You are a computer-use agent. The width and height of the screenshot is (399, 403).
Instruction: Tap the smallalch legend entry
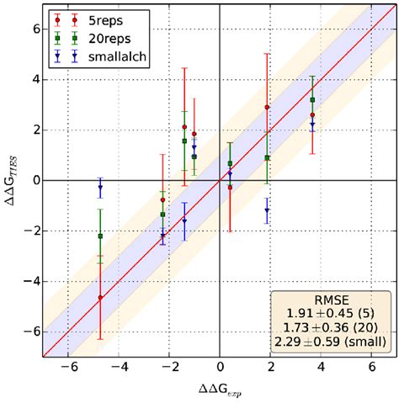(x=120, y=57)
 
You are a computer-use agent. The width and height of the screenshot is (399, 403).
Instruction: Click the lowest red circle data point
(x=100, y=297)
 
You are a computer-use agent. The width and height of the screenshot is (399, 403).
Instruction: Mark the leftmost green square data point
(x=100, y=236)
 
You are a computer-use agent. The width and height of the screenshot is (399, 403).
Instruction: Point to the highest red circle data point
(x=267, y=108)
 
